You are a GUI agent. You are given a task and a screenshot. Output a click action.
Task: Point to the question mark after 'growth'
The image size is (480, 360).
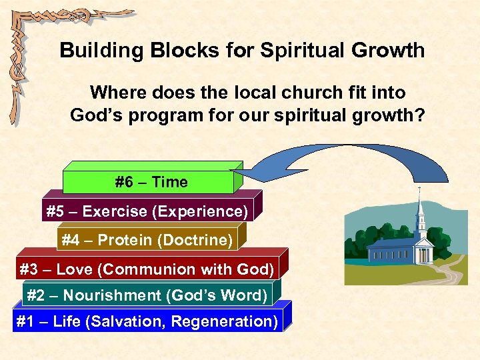[x=419, y=115]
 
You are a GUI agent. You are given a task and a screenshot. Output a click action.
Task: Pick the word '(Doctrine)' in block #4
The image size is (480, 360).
[x=200, y=240]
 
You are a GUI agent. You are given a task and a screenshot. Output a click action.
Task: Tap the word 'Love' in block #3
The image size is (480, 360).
[x=74, y=269]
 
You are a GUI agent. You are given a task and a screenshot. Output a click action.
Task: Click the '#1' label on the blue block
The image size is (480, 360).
[x=25, y=321]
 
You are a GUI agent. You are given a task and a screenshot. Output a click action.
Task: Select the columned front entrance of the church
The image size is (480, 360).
[x=422, y=254]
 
